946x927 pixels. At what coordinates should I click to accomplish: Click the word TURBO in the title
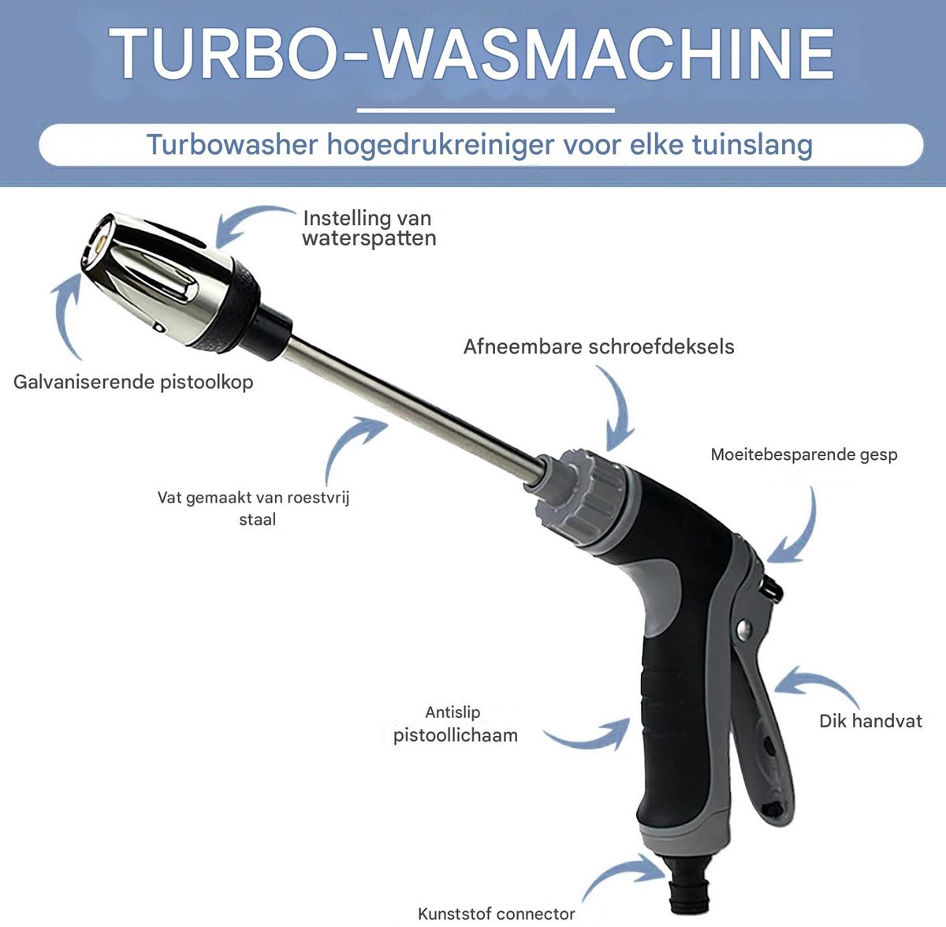(x=222, y=54)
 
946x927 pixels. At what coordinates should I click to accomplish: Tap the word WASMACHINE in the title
(x=603, y=54)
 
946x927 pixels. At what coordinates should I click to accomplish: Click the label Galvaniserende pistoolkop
(x=133, y=382)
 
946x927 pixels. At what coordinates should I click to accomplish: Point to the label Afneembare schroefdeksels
(x=598, y=346)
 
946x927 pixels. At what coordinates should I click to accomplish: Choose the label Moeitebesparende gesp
(x=803, y=454)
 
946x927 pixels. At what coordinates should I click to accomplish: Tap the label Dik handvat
(x=870, y=721)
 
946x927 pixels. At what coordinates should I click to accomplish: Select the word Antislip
(x=453, y=712)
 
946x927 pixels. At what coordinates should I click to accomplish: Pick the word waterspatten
(x=369, y=239)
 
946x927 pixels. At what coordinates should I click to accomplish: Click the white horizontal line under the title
(x=486, y=110)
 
